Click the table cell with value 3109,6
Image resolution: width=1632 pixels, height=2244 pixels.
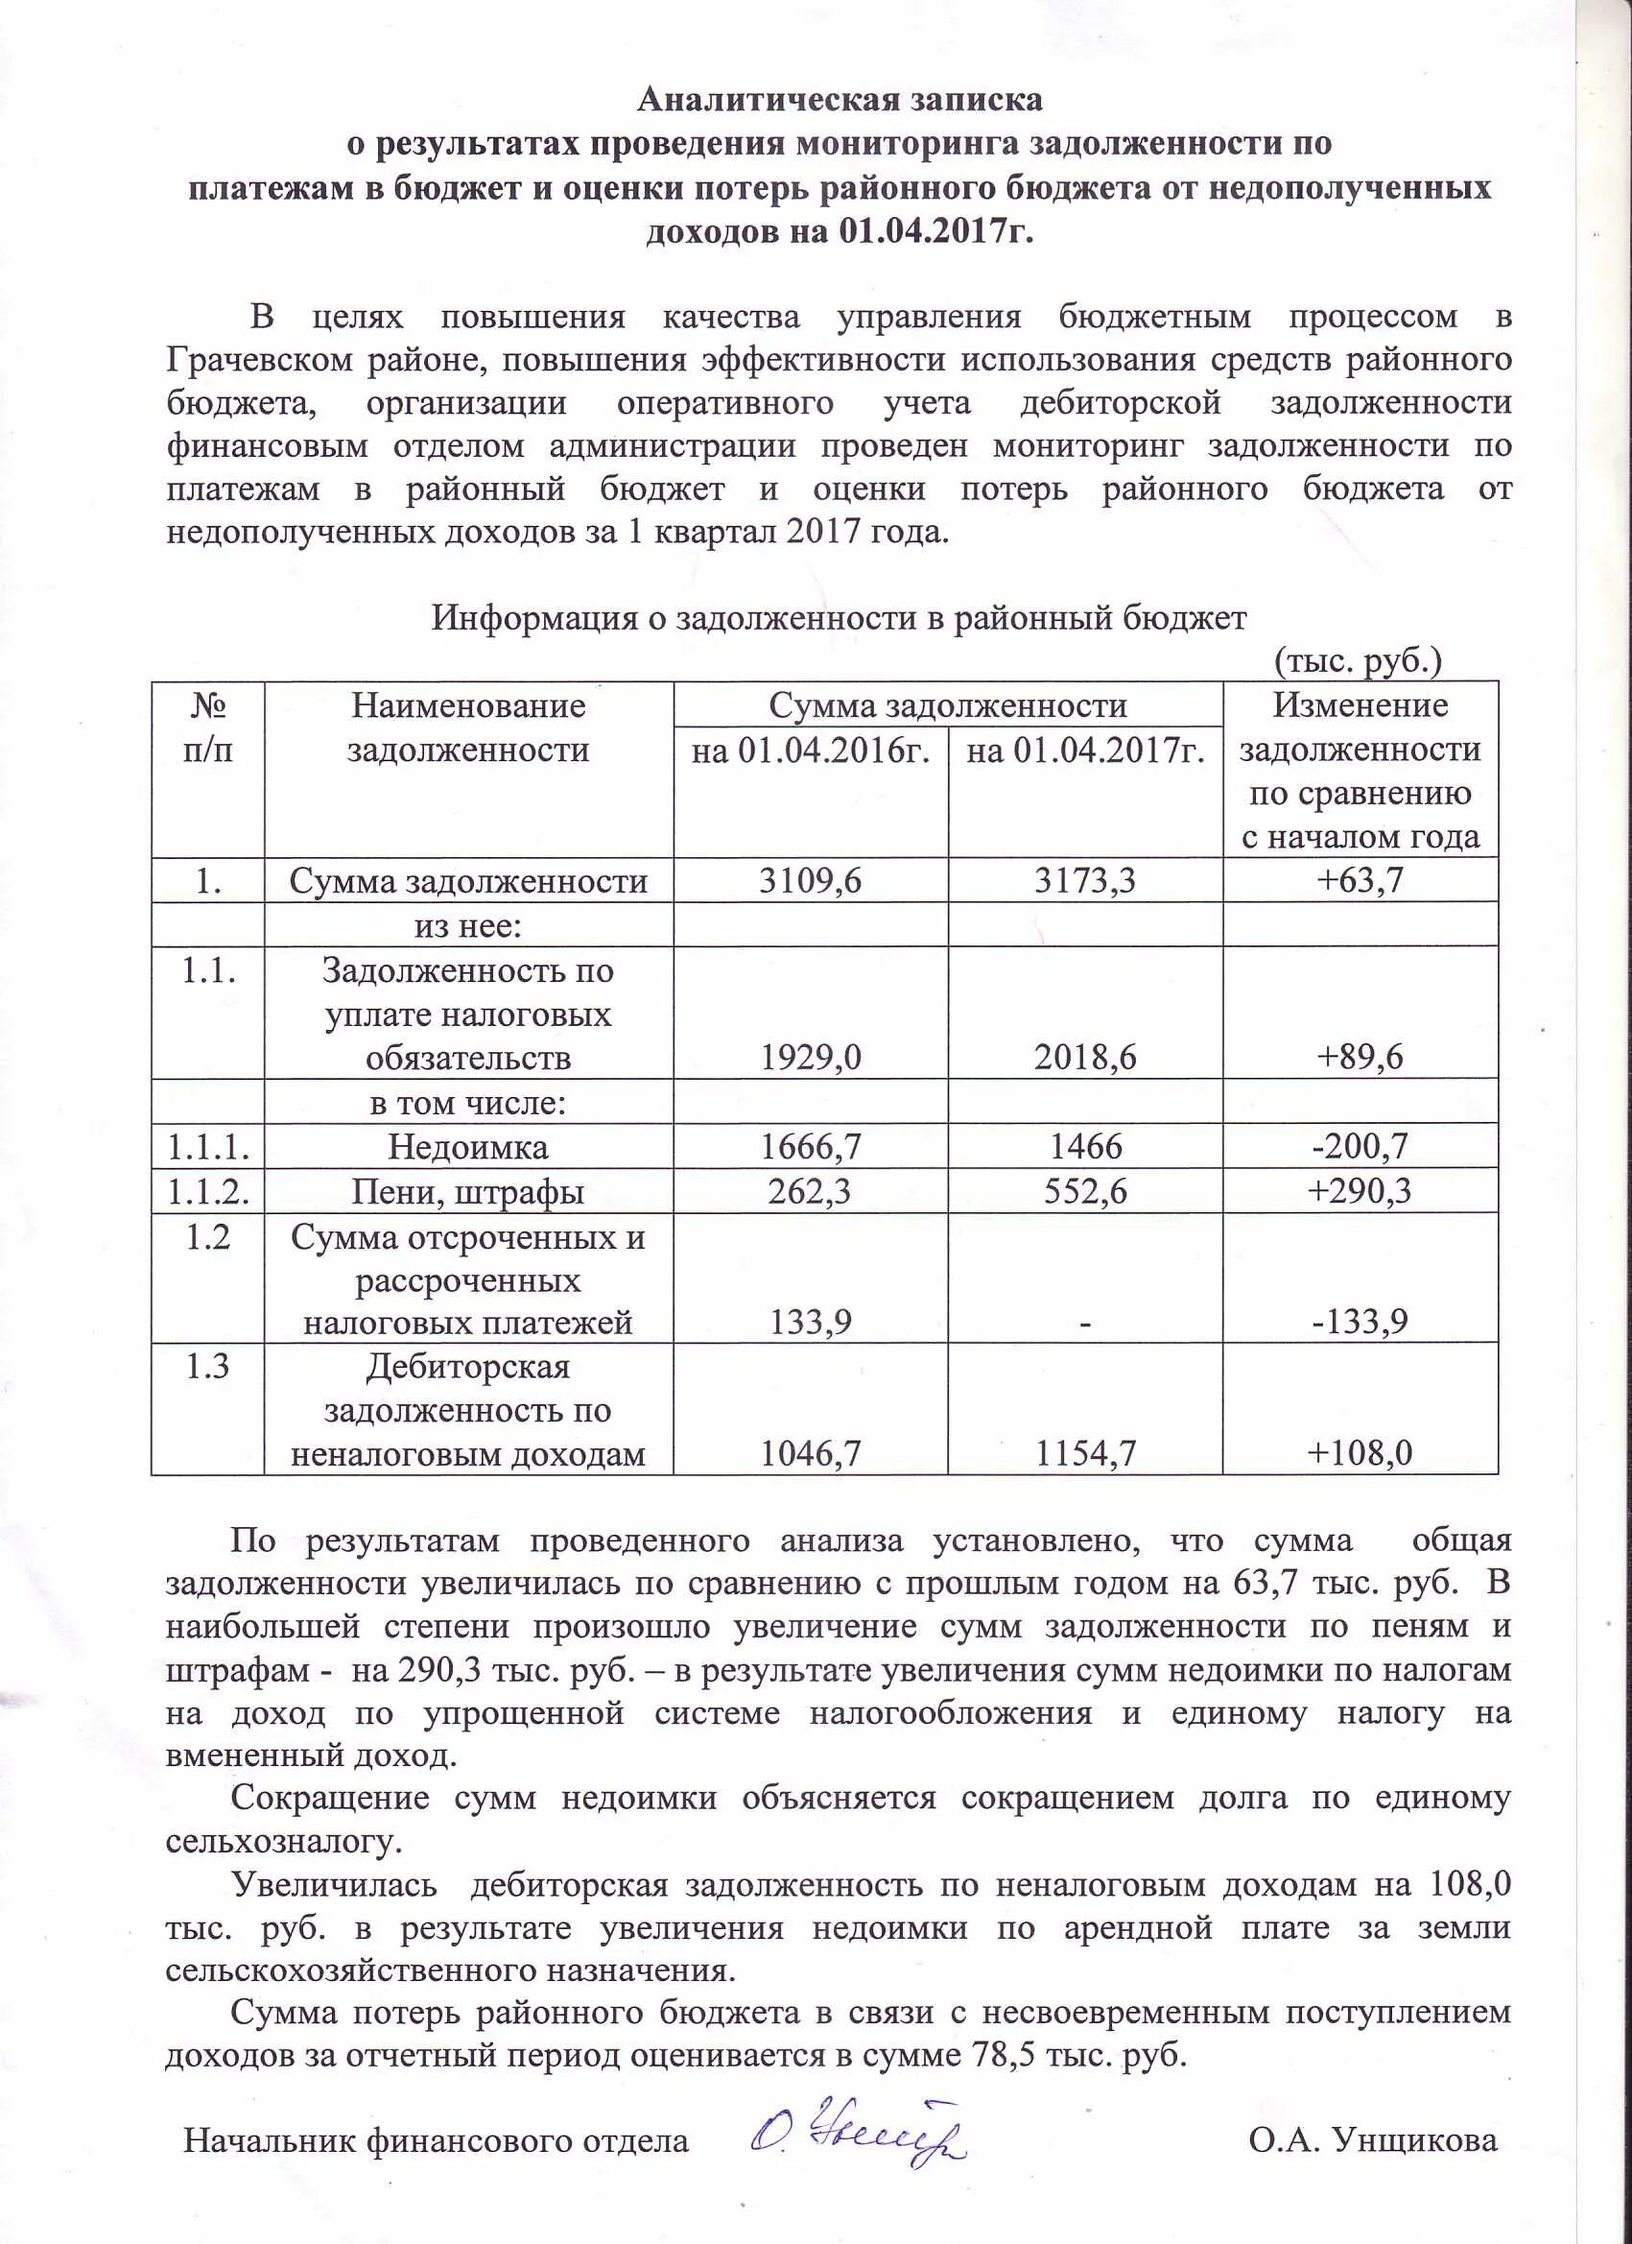coord(810,880)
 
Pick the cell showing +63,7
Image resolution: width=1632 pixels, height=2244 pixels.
coord(1360,880)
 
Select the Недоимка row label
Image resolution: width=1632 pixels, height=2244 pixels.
coord(468,1147)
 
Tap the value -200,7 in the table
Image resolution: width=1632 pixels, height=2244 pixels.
coord(1360,1147)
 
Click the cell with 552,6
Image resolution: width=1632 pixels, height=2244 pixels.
coord(1085,1191)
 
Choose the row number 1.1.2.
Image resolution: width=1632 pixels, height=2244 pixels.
coord(207,1191)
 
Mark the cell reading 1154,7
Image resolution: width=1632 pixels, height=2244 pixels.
coord(1085,1453)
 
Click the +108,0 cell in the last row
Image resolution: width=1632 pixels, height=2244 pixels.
coord(1360,1453)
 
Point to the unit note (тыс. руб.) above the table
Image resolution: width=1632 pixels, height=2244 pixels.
coord(1357,661)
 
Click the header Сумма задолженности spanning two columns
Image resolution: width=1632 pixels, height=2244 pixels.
coord(948,705)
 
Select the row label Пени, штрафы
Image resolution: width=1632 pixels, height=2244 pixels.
coord(468,1192)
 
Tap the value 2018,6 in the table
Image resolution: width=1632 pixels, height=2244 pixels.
coord(1085,1058)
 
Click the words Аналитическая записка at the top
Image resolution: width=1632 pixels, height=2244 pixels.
coord(839,99)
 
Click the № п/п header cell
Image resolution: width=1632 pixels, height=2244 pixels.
coord(207,728)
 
